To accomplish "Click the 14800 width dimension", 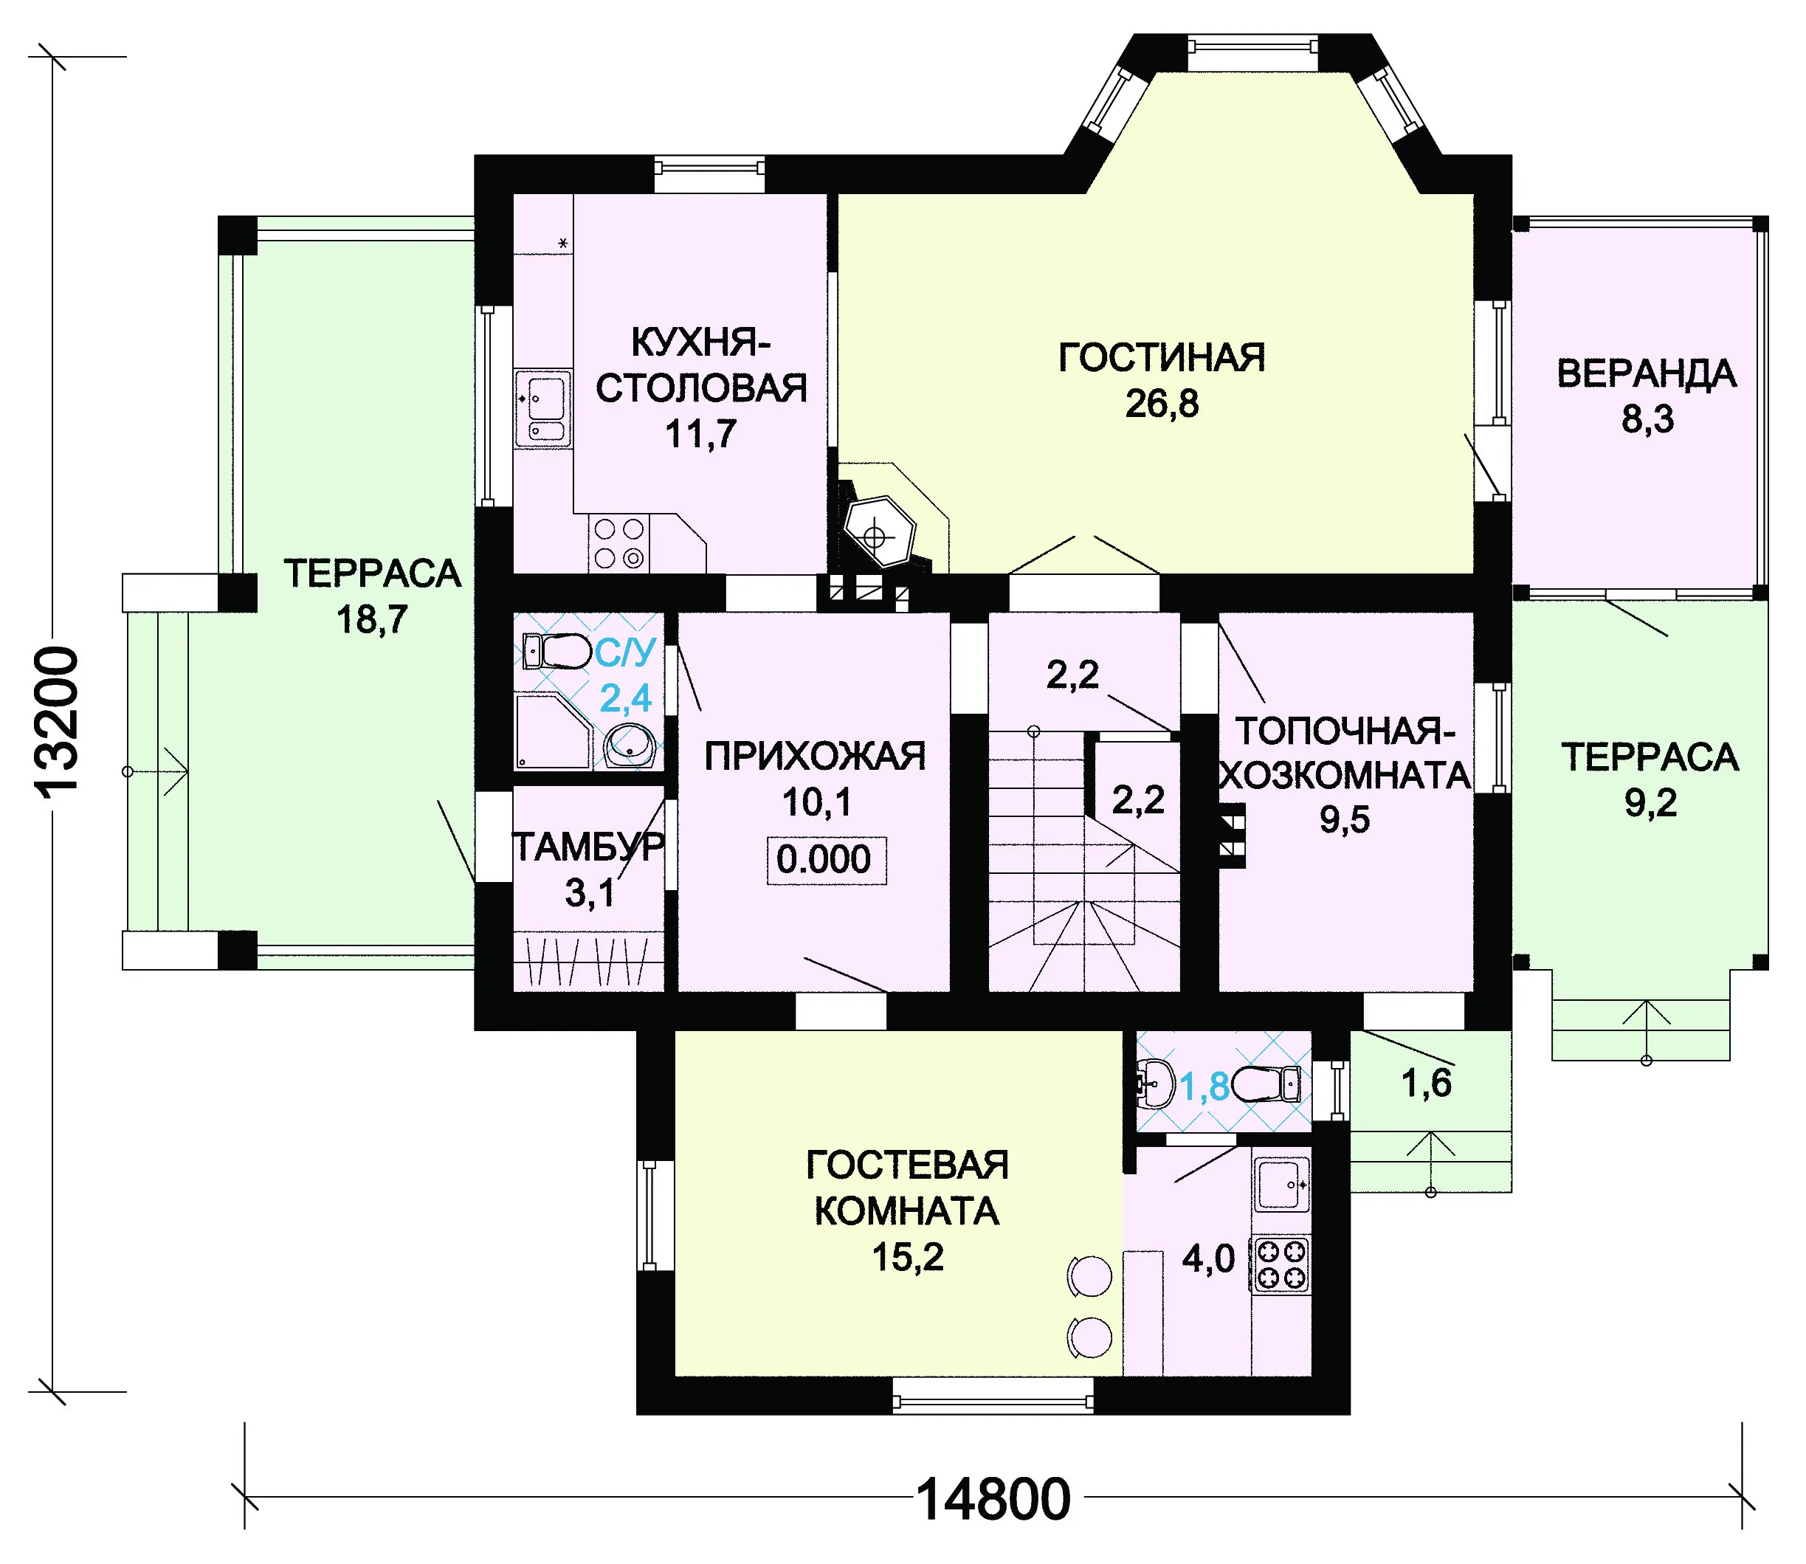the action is pos(993,1499).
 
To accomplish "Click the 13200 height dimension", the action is pos(58,720).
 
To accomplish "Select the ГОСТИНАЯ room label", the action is pos(1161,358).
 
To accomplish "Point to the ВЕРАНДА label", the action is pos(1647,373).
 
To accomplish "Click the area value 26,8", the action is pos(1162,403).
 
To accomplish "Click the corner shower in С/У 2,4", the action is pos(554,731).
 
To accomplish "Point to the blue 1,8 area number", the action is pos(1204,1086).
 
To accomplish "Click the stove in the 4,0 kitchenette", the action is pos(1281,1264).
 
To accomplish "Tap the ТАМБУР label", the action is pos(588,847).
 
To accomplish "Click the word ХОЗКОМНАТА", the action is pos(1344,775).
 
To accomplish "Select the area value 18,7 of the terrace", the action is pos(373,620).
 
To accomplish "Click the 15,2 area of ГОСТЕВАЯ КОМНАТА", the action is pos(908,1257).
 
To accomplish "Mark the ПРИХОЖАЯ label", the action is pos(816,757).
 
